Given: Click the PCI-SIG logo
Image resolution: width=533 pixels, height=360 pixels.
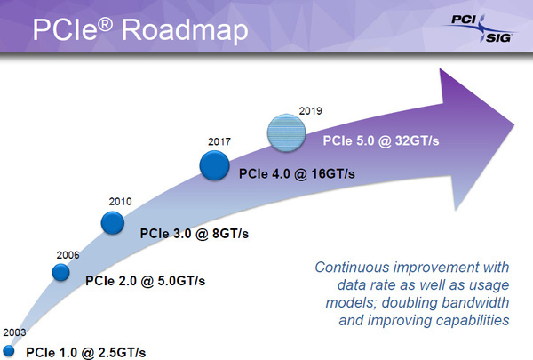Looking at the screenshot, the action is [x=480, y=28].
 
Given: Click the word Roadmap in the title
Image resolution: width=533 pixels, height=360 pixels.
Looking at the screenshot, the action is [x=185, y=30].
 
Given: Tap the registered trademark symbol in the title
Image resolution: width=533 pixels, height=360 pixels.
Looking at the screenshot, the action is [x=105, y=25].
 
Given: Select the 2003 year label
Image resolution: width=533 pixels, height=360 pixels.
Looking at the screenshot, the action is [x=14, y=332].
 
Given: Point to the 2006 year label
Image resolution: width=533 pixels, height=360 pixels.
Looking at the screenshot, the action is [x=68, y=255].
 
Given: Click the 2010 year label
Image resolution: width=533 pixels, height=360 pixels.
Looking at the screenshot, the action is [x=120, y=202].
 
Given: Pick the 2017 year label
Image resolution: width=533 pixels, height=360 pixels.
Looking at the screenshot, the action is [x=219, y=141].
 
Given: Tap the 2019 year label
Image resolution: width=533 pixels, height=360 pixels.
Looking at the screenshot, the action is [x=310, y=111].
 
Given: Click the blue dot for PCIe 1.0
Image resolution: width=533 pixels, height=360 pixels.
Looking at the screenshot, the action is [x=8, y=351].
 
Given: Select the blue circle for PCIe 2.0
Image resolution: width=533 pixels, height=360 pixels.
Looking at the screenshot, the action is [x=60, y=272].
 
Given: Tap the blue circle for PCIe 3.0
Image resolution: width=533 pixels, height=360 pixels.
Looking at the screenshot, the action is [x=113, y=223].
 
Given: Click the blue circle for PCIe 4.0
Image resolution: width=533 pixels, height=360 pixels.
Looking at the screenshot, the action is [x=214, y=165].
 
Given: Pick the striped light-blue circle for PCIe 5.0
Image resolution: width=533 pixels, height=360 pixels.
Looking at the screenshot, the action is [x=287, y=132].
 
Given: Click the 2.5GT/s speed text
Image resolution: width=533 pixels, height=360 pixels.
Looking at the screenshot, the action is [x=122, y=353].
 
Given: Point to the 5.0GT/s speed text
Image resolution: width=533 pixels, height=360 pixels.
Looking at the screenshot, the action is [x=181, y=281].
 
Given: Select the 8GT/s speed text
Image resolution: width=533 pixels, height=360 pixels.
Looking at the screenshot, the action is [x=230, y=234].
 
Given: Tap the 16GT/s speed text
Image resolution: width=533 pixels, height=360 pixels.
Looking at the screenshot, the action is [x=333, y=174].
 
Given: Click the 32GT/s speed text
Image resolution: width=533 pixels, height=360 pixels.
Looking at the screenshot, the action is [x=418, y=140].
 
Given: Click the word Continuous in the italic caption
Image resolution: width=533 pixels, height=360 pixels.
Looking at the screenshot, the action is [x=352, y=267].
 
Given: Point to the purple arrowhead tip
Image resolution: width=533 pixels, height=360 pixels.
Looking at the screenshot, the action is [x=514, y=124].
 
